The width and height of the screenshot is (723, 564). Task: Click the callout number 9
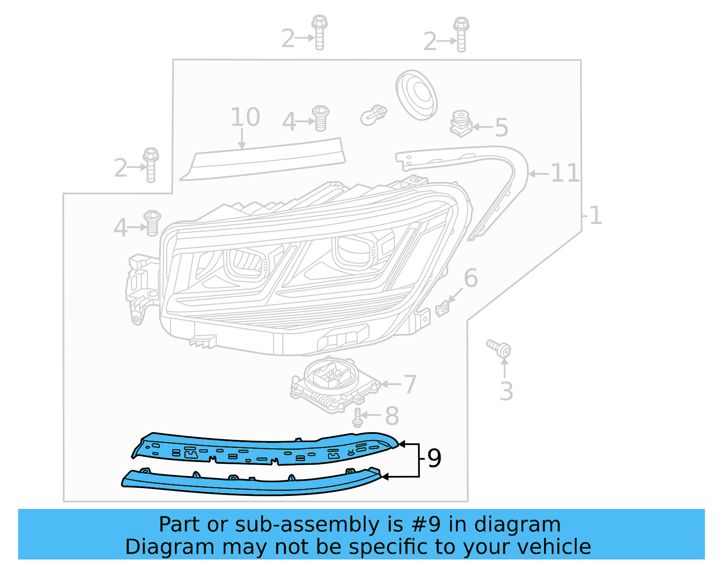click(434, 458)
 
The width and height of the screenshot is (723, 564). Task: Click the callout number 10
click(245, 117)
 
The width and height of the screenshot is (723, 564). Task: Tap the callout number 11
click(565, 173)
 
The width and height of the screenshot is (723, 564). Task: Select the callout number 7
click(409, 384)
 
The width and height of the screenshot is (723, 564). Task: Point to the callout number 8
click(392, 416)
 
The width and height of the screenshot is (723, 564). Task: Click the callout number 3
click(506, 392)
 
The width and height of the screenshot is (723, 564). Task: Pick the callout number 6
click(470, 278)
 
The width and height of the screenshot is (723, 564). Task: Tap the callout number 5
click(501, 127)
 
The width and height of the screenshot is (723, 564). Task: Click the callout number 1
click(596, 215)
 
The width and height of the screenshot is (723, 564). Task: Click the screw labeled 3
click(500, 349)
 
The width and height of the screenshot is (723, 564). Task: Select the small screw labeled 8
click(357, 418)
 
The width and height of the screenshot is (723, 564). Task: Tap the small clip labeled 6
click(442, 309)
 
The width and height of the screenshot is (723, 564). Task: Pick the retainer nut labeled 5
click(460, 123)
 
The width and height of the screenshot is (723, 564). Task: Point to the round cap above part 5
click(416, 94)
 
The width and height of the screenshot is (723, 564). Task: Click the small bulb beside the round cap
click(374, 116)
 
